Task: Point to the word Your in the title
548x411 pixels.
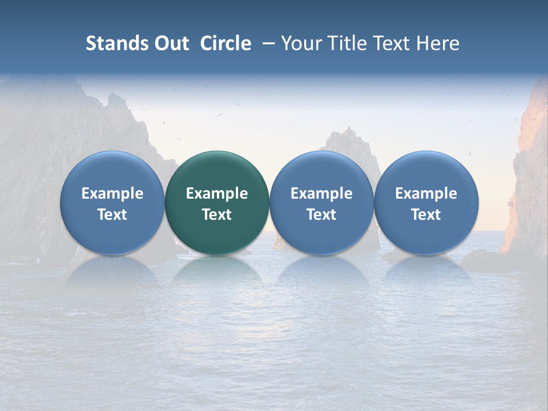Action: pyautogui.click(x=300, y=43)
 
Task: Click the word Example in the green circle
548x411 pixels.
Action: pyautogui.click(x=217, y=194)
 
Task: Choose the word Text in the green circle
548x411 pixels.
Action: pyautogui.click(x=217, y=215)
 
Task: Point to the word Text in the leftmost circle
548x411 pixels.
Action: pyautogui.click(x=112, y=215)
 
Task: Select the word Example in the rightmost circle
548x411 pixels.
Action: pyautogui.click(x=426, y=194)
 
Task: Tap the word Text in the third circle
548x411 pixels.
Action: pyautogui.click(x=321, y=215)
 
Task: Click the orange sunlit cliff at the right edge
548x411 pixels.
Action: pyautogui.click(x=528, y=171)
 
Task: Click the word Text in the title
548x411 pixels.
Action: pyautogui.click(x=390, y=43)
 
